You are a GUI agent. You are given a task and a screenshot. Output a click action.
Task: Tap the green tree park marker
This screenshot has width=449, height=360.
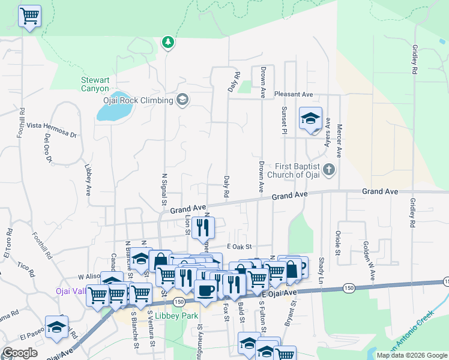(x=169, y=42)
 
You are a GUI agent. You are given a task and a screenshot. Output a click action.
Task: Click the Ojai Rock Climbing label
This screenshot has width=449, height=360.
(x=138, y=100)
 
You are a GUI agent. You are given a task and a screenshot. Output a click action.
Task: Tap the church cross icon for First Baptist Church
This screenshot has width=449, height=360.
(x=328, y=170)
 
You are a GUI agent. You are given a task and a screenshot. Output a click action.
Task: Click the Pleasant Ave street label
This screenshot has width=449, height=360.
(x=294, y=94)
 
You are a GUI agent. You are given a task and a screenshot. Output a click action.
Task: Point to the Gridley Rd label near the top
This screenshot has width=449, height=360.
(x=414, y=59)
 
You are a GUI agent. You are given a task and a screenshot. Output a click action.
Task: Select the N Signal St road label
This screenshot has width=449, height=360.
(x=164, y=188)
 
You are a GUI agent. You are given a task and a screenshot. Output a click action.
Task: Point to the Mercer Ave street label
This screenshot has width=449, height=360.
(x=339, y=140)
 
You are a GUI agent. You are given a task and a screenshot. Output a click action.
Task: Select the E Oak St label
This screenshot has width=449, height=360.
(x=239, y=247)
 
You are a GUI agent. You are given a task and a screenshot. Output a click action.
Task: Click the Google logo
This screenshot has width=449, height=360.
(x=20, y=353)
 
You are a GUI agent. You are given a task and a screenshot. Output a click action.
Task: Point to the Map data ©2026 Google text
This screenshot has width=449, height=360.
(x=411, y=355)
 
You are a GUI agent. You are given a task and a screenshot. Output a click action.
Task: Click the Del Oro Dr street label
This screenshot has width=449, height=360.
(x=47, y=148)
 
